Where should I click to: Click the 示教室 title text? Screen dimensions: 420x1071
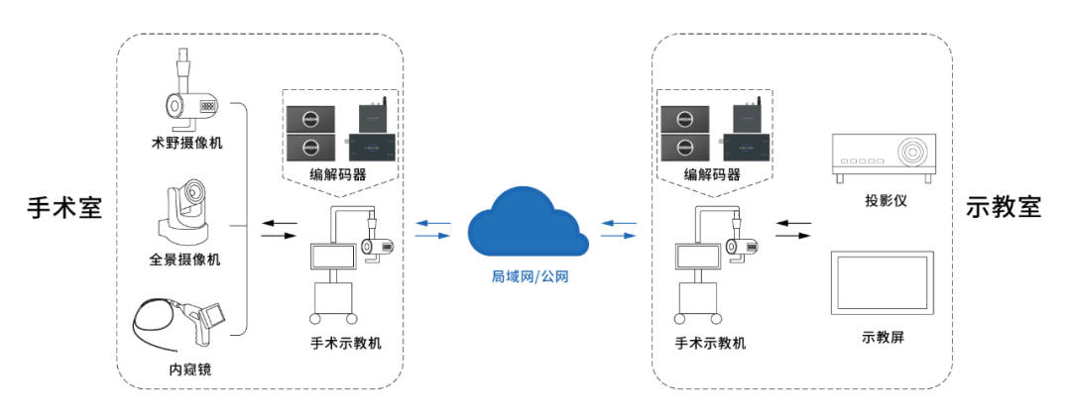1003,211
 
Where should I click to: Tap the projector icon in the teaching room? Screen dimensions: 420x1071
884,156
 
